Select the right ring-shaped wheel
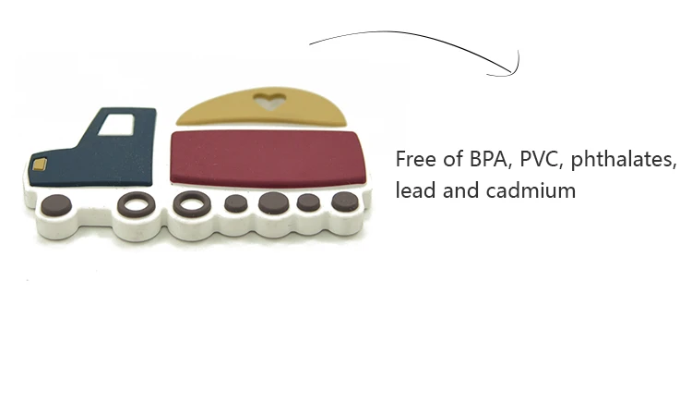tap(192, 202)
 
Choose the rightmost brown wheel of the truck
tap(344, 201)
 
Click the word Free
tap(415, 159)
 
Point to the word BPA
tap(490, 159)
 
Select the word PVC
tap(541, 159)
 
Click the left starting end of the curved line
tap(310, 43)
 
